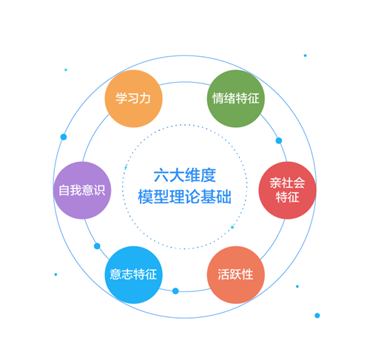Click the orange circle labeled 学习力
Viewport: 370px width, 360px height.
pos(134,98)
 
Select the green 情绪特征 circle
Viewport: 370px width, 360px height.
pos(236,98)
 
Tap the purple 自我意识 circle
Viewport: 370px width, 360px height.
pos(82,190)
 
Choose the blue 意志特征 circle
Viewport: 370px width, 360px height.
pos(134,275)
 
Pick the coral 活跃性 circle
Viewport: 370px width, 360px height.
pos(236,275)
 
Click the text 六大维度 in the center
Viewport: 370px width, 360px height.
pos(185,175)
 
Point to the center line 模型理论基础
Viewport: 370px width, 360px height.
pos(185,197)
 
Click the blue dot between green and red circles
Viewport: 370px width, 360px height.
pos(279,140)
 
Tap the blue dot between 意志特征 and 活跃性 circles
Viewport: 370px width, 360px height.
pos(175,291)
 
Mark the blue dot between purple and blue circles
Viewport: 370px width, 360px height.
pos(97,246)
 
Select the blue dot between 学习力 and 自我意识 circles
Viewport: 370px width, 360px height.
pos(64,137)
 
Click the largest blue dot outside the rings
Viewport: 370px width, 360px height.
pos(317,316)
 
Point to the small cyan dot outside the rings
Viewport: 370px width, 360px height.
pos(66,69)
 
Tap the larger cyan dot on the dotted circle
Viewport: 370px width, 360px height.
pos(232,227)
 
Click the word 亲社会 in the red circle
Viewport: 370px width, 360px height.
pos(287,183)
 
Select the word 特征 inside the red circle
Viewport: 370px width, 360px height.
pos(287,197)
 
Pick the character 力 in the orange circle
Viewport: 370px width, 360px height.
pos(145,98)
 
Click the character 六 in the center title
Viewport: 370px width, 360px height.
pos(161,175)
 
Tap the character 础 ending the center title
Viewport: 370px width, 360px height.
pos(224,197)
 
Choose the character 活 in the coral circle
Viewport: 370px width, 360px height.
pos(223,274)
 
